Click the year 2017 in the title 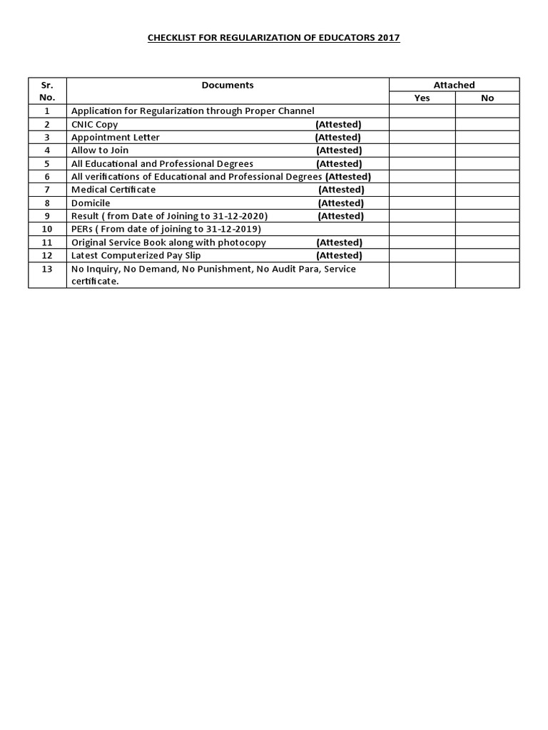(x=389, y=38)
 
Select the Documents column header (x=228, y=85)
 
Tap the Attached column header (x=454, y=85)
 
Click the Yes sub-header (x=422, y=98)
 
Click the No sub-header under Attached (x=487, y=98)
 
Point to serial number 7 (x=47, y=190)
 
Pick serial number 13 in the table (x=47, y=269)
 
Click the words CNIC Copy (x=95, y=124)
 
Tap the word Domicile (x=91, y=202)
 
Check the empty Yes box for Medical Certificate (x=422, y=190)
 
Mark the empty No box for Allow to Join (x=487, y=150)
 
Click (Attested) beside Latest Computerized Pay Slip (x=339, y=255)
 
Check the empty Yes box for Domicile (x=422, y=202)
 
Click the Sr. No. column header (x=47, y=91)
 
